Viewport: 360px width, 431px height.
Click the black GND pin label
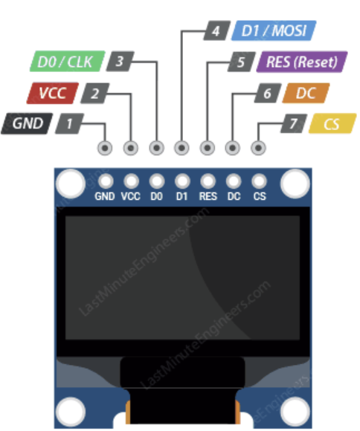(x=28, y=124)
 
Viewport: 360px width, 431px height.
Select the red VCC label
(x=48, y=94)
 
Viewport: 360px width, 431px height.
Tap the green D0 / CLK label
(x=65, y=62)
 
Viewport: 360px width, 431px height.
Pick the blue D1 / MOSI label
(x=276, y=31)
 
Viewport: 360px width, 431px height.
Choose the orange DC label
(x=306, y=94)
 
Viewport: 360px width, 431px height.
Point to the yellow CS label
(x=332, y=124)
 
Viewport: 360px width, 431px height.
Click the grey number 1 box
(x=69, y=124)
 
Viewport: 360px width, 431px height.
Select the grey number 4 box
(x=216, y=31)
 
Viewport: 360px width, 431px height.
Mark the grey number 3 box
(x=120, y=62)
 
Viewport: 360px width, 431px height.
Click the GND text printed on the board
(x=106, y=197)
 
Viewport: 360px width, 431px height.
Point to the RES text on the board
(x=208, y=197)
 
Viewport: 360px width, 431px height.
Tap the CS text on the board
(x=260, y=197)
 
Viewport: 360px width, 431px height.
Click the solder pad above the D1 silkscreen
(x=182, y=181)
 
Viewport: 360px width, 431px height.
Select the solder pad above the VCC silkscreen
(x=131, y=181)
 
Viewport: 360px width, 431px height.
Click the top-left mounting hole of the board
(x=71, y=181)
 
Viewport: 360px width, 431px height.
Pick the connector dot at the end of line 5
(x=208, y=148)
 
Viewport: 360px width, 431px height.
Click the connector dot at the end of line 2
(x=131, y=148)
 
